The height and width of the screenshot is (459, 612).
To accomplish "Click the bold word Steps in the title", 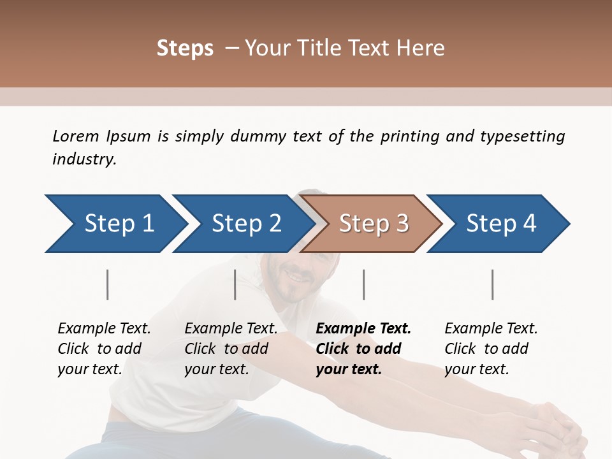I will [185, 48].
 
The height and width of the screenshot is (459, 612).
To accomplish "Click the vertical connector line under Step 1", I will [108, 284].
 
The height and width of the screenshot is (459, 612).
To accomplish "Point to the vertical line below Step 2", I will [235, 284].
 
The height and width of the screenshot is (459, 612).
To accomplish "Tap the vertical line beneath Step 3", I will [363, 284].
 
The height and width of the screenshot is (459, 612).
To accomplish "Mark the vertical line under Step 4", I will [492, 284].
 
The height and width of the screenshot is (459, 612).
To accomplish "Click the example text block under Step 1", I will [104, 349].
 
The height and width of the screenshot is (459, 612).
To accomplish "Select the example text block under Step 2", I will [231, 349].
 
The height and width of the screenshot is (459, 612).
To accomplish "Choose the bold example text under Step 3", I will [363, 349].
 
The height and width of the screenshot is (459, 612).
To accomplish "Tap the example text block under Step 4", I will [491, 349].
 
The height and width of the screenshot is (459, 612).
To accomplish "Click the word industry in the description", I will [84, 159].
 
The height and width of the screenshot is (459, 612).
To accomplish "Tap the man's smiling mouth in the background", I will [297, 276].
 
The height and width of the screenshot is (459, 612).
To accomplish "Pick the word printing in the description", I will [410, 136].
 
